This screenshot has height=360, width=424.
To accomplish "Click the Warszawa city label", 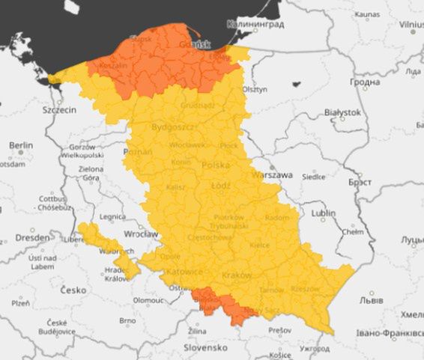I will [273, 175].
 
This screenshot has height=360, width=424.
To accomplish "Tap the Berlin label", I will [21, 145].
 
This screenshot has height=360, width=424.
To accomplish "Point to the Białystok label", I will [342, 112].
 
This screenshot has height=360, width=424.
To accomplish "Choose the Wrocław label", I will [141, 234].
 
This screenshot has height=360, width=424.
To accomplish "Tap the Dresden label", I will [31, 237].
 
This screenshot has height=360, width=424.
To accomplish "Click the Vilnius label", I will [411, 25].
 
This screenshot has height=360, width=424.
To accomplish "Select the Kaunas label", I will [366, 14].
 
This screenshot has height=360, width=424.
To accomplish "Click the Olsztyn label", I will [255, 88].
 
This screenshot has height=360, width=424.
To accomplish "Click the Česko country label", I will [73, 290].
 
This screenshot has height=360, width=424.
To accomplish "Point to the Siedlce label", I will [313, 177].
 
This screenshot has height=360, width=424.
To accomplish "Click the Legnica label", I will [112, 216].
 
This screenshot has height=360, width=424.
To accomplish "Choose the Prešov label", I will [280, 329].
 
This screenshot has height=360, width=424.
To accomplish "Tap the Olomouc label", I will [148, 299].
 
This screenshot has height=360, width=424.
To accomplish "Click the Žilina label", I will [197, 330].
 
